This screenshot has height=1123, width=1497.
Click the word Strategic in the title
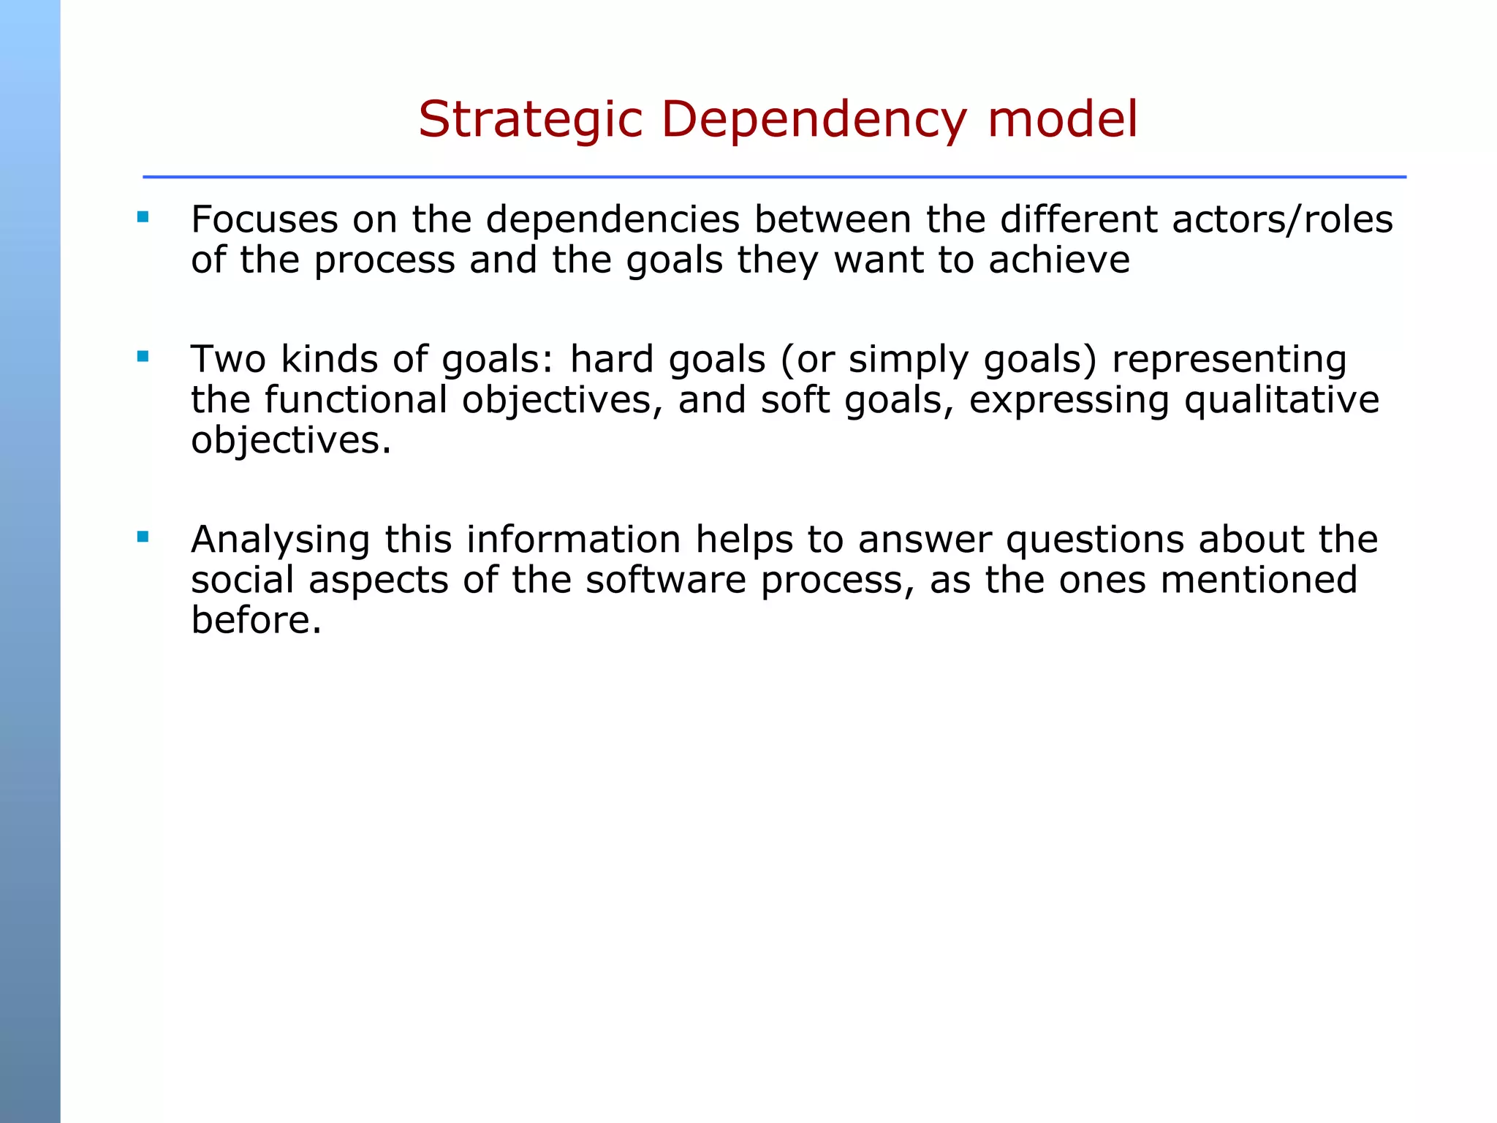pyautogui.click(x=530, y=120)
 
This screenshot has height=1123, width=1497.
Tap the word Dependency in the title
pyautogui.click(x=814, y=120)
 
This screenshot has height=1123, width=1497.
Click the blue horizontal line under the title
pyautogui.click(x=773, y=177)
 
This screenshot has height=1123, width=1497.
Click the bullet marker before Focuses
pyautogui.click(x=143, y=217)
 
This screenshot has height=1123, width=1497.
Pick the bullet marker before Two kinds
pyautogui.click(x=143, y=357)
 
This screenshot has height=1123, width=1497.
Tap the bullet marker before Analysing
pyautogui.click(x=143, y=537)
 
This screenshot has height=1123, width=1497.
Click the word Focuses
pyautogui.click(x=264, y=219)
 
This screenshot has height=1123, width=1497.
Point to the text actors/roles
pyautogui.click(x=1283, y=219)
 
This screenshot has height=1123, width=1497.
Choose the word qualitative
pyautogui.click(x=1281, y=401)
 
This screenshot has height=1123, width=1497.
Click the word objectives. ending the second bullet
pyautogui.click(x=291, y=441)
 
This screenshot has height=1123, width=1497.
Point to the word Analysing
pyautogui.click(x=280, y=540)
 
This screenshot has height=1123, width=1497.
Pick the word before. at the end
pyautogui.click(x=256, y=621)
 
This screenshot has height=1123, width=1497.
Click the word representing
pyautogui.click(x=1229, y=360)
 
